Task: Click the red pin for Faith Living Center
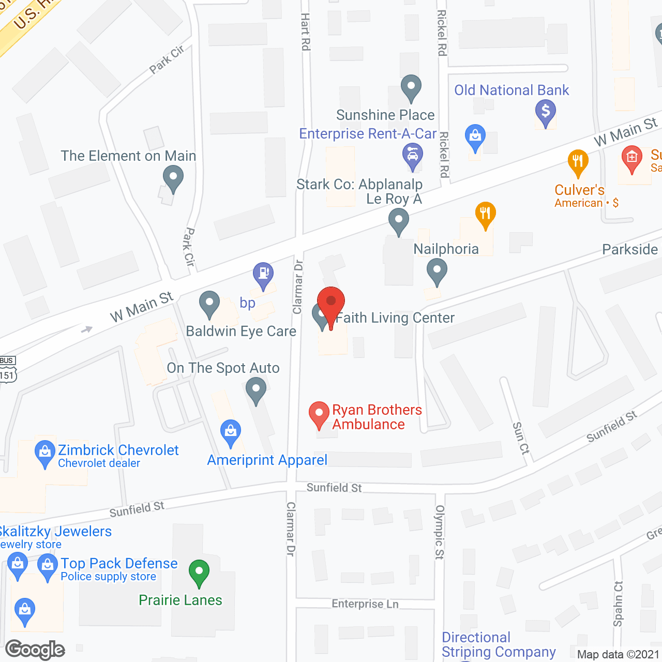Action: coord(330,303)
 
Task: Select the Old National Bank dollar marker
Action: coord(545,111)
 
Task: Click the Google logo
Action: coord(35,650)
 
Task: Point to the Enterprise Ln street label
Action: coord(365,604)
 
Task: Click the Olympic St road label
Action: coord(440,532)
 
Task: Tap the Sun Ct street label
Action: coord(521,438)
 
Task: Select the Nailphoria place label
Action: coord(446,249)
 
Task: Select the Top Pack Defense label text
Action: coord(119,563)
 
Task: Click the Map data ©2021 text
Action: coord(619,655)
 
